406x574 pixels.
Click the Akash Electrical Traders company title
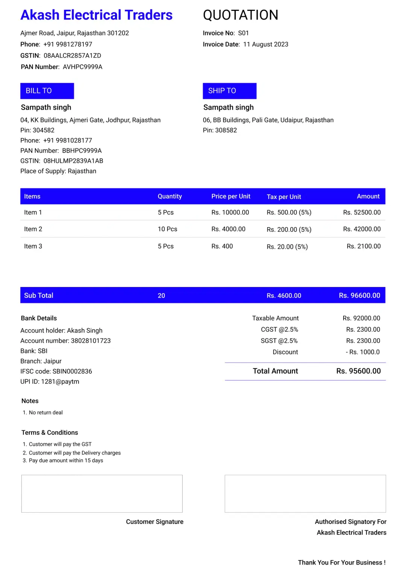point(96,15)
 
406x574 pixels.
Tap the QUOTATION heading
point(241,15)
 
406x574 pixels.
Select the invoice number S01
point(243,33)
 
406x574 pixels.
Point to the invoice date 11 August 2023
point(265,44)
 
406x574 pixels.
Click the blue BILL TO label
point(47,91)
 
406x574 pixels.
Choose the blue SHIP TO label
point(229,91)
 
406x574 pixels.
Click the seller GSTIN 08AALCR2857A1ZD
point(72,56)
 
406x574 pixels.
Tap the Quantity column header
point(170,196)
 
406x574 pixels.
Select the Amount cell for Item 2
point(362,229)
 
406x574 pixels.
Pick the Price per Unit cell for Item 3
point(222,246)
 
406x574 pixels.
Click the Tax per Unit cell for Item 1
point(289,213)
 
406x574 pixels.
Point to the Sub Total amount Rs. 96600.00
point(359,296)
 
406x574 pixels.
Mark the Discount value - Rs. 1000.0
point(362,352)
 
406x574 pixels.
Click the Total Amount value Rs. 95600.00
point(358,371)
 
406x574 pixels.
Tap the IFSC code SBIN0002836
point(72,371)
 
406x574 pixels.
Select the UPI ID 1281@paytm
point(60,381)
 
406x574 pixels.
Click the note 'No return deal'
point(45,413)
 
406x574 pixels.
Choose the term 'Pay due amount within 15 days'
point(66,460)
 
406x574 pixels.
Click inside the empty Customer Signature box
point(102,494)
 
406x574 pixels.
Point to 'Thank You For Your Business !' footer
point(342,562)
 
